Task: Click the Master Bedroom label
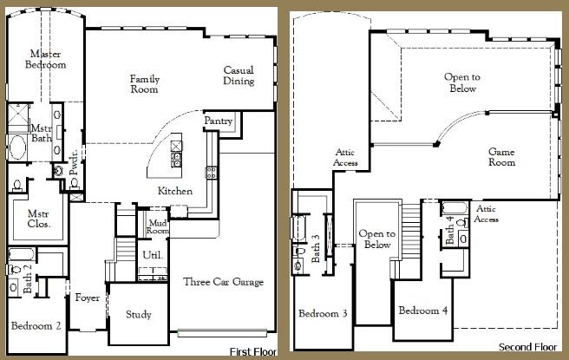coord(46,59)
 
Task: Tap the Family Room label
coord(145,84)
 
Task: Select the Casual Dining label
coord(239,76)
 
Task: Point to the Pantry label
coord(219,122)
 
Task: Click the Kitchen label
coord(174,191)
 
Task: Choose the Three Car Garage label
coord(224,282)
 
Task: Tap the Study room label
coord(139,314)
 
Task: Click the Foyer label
coord(87,298)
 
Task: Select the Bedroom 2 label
coord(36,326)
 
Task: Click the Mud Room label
coord(157,226)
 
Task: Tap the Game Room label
coord(501,156)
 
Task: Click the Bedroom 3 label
coord(322,313)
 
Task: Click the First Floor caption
coord(252,351)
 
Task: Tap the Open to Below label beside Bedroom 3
coord(377,239)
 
